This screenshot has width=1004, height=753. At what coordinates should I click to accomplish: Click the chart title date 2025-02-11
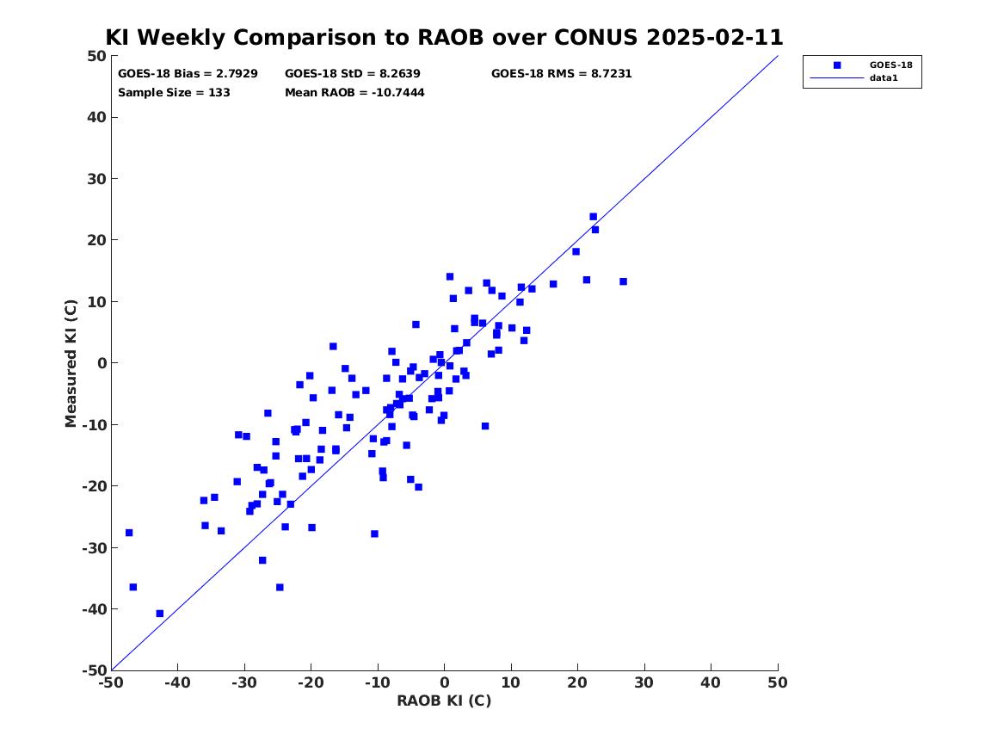pyautogui.click(x=715, y=37)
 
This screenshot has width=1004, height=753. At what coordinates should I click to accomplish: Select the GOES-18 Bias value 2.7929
pyautogui.click(x=237, y=74)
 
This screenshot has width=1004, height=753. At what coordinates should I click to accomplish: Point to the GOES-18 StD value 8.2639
pyautogui.click(x=399, y=74)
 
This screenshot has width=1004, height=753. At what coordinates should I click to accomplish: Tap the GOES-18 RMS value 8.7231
pyautogui.click(x=611, y=74)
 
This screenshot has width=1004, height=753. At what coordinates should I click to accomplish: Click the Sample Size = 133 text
pyautogui.click(x=174, y=92)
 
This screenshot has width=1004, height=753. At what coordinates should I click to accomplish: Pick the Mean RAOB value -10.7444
pyautogui.click(x=397, y=92)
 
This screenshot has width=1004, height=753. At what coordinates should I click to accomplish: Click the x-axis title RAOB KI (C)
pyautogui.click(x=444, y=701)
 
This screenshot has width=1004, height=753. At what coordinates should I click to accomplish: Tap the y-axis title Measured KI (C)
pyautogui.click(x=71, y=363)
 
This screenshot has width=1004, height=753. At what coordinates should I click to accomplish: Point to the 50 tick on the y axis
pyautogui.click(x=96, y=56)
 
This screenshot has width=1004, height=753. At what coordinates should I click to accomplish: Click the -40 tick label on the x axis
pyautogui.click(x=177, y=682)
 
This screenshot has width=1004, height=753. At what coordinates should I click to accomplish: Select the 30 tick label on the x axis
pyautogui.click(x=644, y=682)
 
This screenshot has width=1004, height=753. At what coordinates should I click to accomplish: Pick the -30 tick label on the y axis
pyautogui.click(x=94, y=547)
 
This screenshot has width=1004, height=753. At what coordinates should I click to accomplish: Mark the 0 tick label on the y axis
pyautogui.click(x=102, y=363)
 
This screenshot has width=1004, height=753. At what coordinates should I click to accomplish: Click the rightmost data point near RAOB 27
pyautogui.click(x=623, y=281)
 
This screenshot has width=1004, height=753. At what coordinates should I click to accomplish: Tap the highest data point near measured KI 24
pyautogui.click(x=593, y=217)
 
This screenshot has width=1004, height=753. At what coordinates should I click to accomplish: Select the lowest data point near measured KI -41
pyautogui.click(x=159, y=614)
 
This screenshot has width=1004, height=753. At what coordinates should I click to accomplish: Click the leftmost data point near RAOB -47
pyautogui.click(x=129, y=533)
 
